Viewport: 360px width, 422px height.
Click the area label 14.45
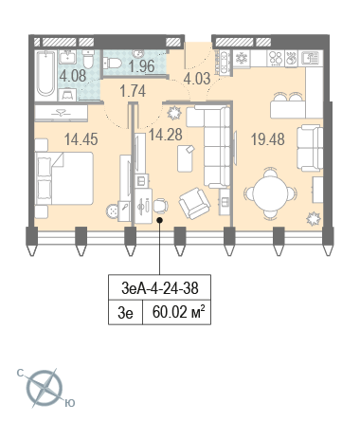(x=81, y=139)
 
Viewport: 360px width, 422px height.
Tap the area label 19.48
(x=268, y=139)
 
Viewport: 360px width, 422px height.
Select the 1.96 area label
(x=141, y=66)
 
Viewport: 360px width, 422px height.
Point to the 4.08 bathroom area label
(x=73, y=76)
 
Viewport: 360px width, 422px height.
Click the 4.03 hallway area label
(x=197, y=79)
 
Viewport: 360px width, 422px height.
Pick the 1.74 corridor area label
(x=133, y=91)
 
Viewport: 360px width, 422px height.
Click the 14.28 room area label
(x=166, y=135)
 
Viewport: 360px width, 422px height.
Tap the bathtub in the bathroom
(x=45, y=74)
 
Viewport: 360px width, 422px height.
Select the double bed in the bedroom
(x=64, y=178)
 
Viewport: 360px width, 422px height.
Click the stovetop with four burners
(x=276, y=58)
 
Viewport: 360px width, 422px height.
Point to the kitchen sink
(x=312, y=58)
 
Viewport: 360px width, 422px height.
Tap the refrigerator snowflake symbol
(x=242, y=58)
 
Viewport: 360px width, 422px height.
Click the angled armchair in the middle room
(x=194, y=203)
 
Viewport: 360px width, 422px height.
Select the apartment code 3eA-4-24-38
(x=160, y=288)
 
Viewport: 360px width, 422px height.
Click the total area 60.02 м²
(x=179, y=312)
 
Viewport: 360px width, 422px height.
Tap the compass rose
(x=45, y=388)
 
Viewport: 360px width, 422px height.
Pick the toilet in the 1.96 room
(x=112, y=63)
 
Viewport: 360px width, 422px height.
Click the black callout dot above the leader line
(x=160, y=220)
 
